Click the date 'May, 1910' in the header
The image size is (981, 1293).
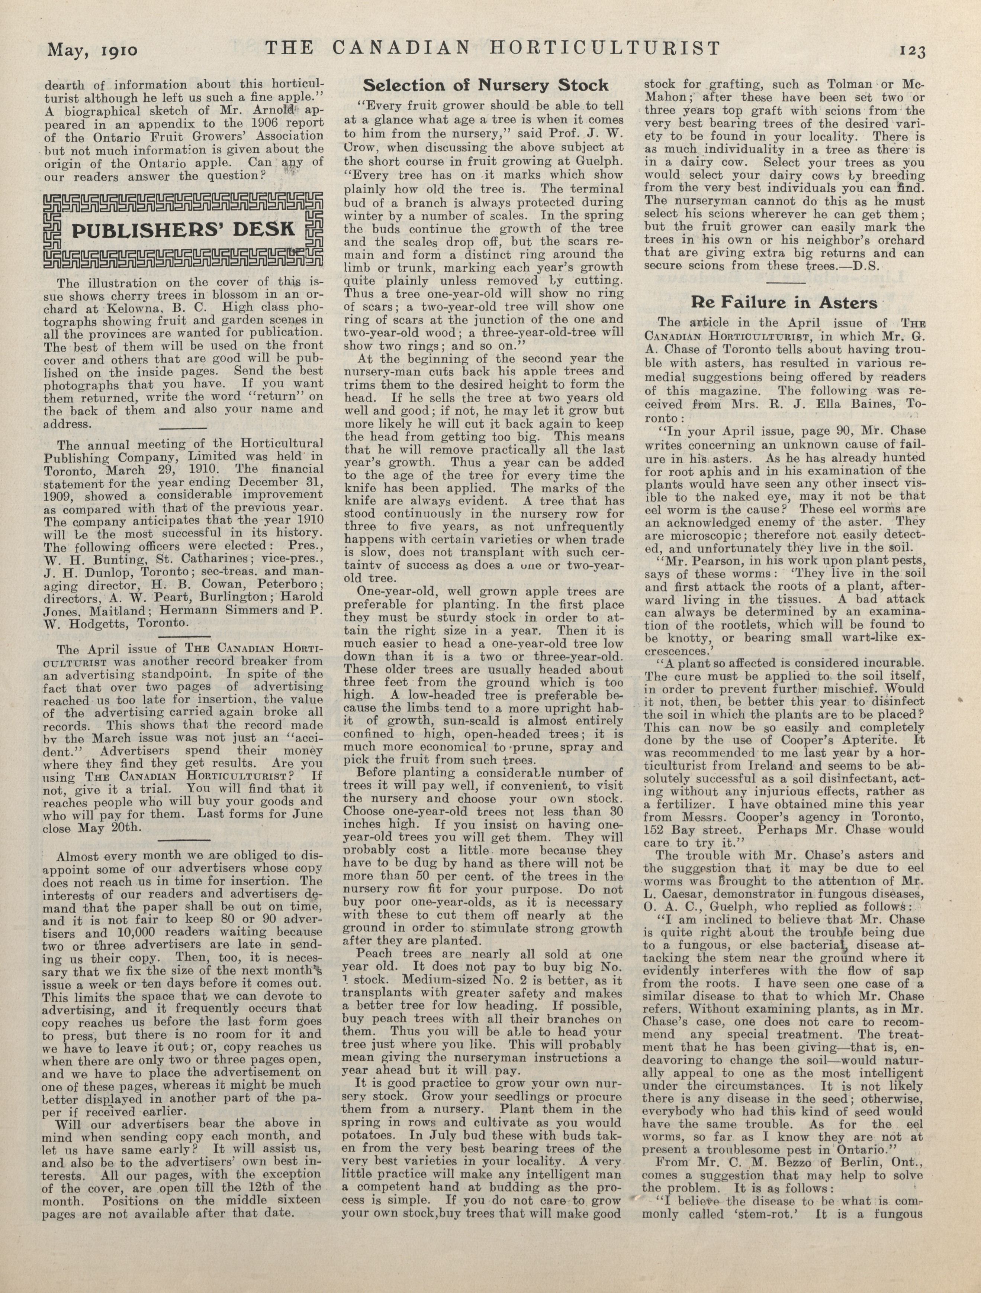[x=93, y=51]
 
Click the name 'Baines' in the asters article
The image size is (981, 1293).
[x=859, y=404]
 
